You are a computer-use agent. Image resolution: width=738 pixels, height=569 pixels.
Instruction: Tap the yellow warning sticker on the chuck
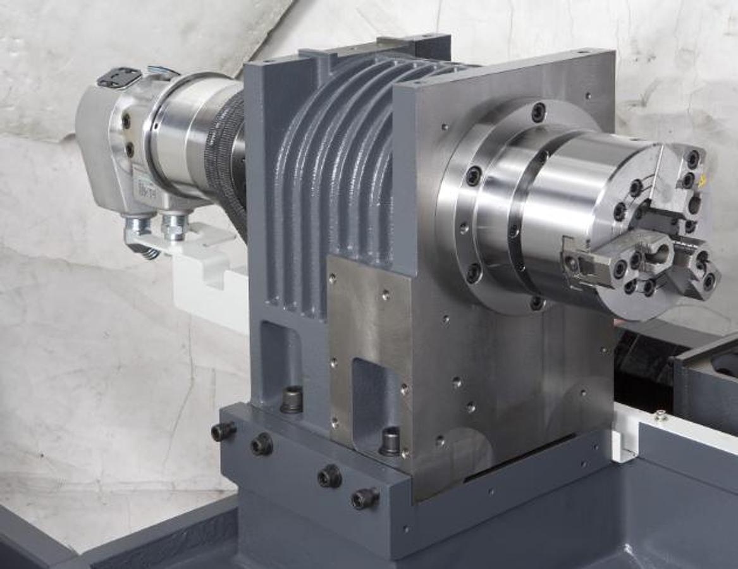701,182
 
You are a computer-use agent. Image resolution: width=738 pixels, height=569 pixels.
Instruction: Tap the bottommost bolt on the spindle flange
537,303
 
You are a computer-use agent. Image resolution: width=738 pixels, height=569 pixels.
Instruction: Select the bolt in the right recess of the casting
390,441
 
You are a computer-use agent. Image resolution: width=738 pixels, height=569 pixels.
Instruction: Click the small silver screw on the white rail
661,415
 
